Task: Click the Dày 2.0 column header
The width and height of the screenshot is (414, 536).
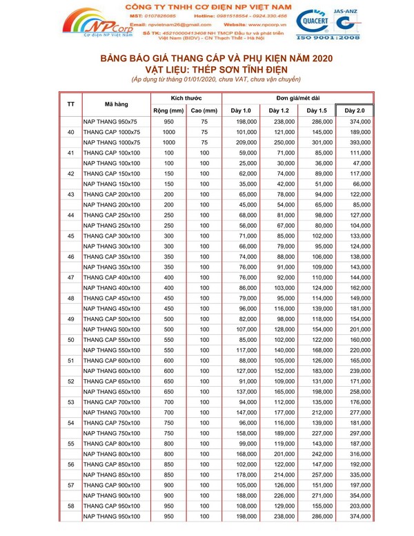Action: [x=355, y=111]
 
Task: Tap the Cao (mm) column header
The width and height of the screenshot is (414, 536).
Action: [x=204, y=111]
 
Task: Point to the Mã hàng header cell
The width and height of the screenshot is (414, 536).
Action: [x=115, y=104]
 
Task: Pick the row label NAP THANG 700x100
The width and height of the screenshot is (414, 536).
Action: [x=112, y=412]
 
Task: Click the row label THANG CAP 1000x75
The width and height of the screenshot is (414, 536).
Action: [x=112, y=132]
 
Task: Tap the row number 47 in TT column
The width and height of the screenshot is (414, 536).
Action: [x=71, y=277]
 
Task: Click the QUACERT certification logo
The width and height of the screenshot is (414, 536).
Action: [x=319, y=21]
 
